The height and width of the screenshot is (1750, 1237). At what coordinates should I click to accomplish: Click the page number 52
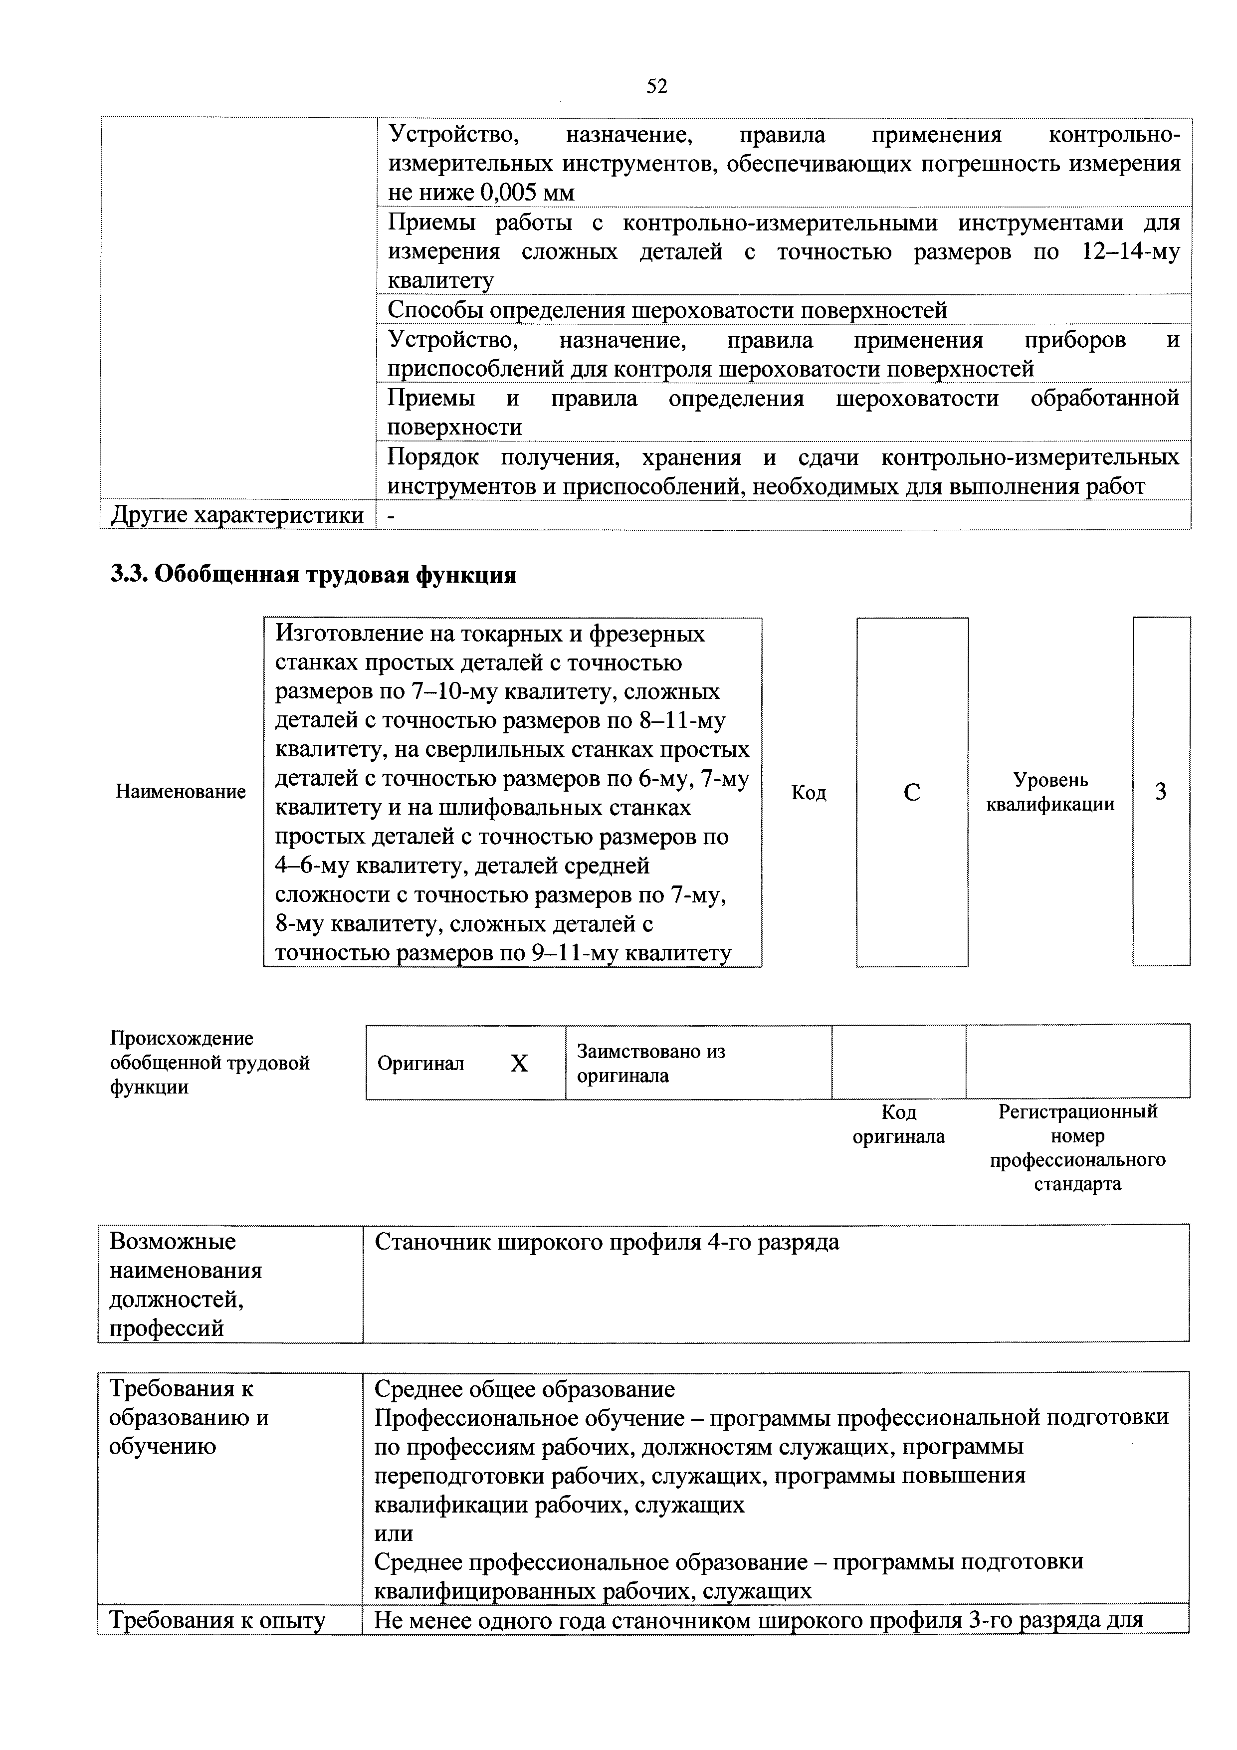656,86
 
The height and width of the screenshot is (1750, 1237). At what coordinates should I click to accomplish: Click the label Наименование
181,791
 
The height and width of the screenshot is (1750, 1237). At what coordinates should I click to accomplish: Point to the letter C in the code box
912,793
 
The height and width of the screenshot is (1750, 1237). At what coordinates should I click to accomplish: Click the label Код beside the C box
808,793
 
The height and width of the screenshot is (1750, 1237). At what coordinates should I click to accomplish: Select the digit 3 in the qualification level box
1160,792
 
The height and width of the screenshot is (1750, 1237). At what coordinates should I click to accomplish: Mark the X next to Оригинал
519,1063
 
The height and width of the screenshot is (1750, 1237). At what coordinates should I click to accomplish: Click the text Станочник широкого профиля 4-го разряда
607,1242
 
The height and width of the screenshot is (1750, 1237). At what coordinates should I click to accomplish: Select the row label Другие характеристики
237,515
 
